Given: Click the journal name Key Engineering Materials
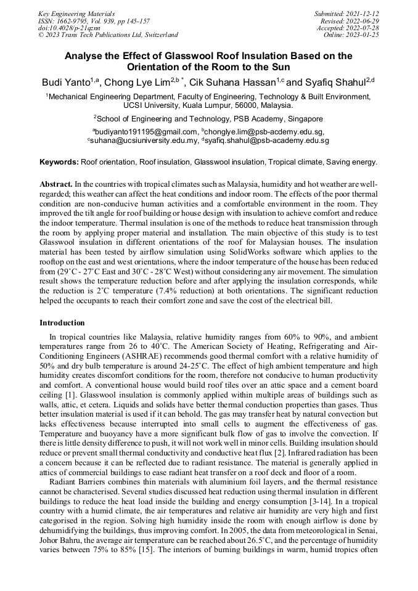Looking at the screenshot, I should pos(76,13).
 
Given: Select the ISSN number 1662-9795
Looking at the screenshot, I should pos(70,20).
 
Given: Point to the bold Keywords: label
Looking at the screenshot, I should pos(59,163).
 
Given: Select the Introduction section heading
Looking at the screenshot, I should pos(62,323).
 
